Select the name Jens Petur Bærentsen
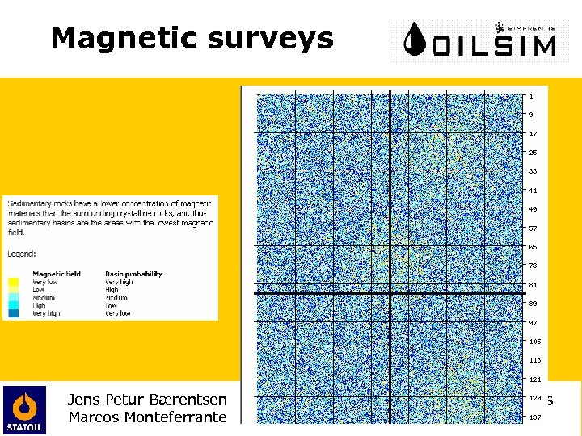point(148,399)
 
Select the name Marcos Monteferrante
point(148,417)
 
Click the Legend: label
point(22,253)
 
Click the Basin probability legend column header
point(133,274)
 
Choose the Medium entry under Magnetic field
point(44,297)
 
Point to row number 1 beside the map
point(531,96)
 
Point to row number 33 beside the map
point(533,171)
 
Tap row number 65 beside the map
point(533,247)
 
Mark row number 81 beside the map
point(533,284)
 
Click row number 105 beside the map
point(534,342)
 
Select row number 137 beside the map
point(534,417)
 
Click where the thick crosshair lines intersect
point(390,292)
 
